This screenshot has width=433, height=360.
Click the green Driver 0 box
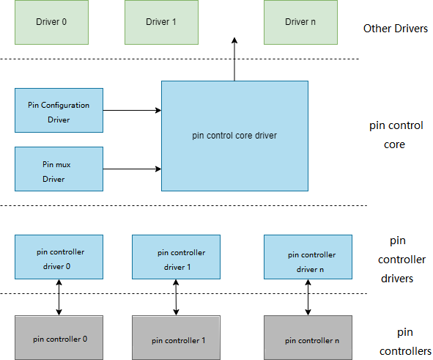51,22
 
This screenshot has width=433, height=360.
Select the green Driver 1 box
161,22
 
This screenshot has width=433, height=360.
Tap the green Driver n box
300,22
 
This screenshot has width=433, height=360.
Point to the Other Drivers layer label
396,29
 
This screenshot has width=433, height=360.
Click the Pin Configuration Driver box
59,110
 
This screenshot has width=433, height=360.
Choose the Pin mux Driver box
59,169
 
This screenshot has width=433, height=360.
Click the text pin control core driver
234,136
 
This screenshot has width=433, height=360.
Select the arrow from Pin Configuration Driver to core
132,110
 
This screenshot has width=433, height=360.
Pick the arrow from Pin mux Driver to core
132,169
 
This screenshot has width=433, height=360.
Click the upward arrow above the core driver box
234,59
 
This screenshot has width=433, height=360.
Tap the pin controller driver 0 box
59,257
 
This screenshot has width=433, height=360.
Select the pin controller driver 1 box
176,257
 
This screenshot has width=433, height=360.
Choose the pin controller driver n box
308,257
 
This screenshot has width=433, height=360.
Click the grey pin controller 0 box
59,337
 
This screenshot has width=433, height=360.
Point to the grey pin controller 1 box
176,337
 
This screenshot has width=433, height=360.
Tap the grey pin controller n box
308,337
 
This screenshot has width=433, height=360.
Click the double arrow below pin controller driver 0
59,297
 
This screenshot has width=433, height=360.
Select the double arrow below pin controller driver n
308,297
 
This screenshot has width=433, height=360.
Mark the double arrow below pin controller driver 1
176,297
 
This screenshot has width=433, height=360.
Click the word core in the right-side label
394,144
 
